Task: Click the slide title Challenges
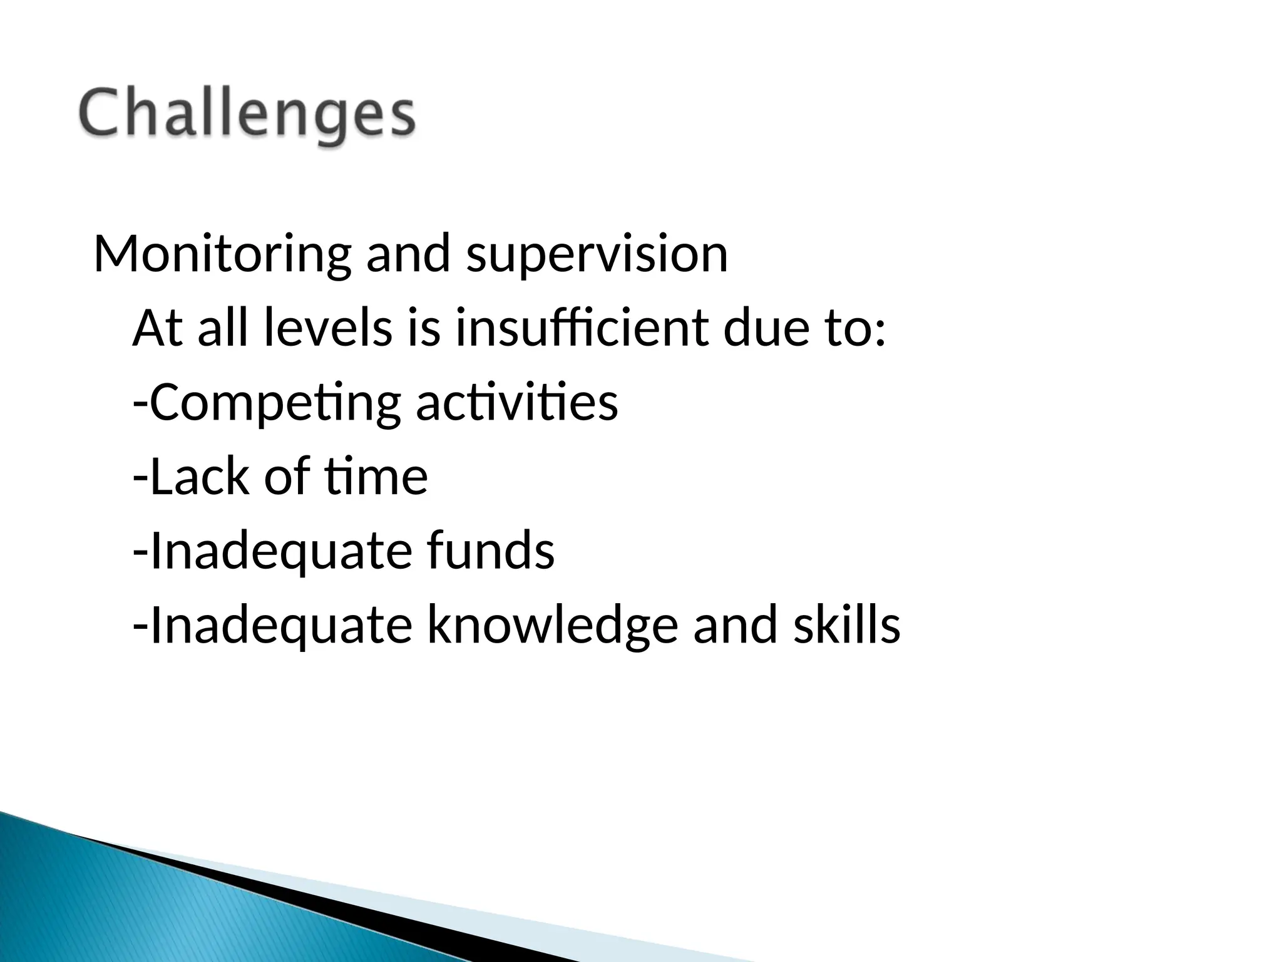pos(247,115)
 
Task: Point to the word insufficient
pos(582,329)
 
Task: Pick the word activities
pos(517,403)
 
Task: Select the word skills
pos(847,625)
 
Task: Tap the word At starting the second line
pos(158,329)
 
